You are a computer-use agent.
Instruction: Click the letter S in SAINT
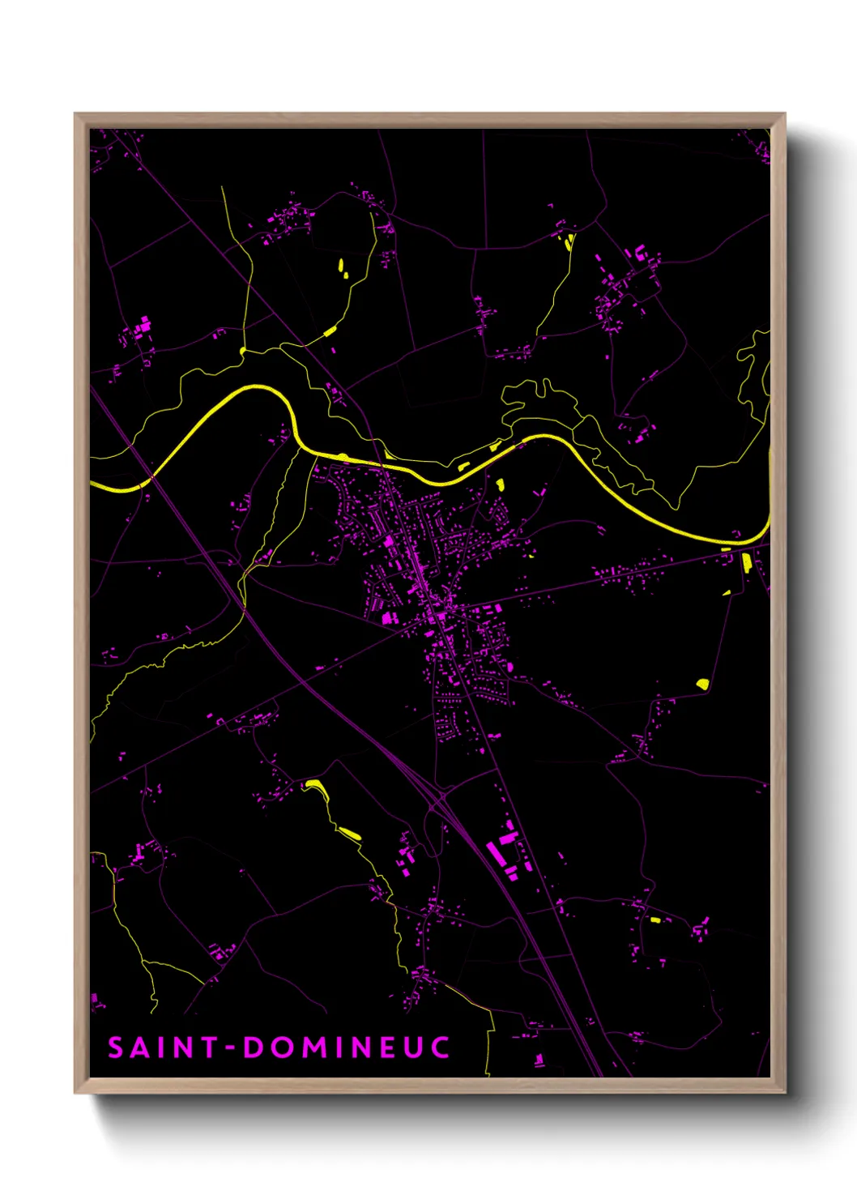coord(116,1048)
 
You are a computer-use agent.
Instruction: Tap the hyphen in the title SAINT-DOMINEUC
coord(230,1048)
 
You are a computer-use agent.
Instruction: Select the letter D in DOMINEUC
coord(254,1048)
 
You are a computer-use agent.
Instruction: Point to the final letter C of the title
coord(440,1048)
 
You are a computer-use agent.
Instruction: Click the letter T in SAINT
coord(208,1048)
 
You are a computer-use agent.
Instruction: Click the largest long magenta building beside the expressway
coord(493,853)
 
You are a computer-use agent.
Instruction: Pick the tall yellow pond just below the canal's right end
coord(746,561)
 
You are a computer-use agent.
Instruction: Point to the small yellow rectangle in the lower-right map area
coord(655,920)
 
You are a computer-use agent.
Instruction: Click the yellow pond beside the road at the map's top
coord(569,241)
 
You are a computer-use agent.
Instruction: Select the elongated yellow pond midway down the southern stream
coord(349,833)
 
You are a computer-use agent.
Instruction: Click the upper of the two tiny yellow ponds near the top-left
coord(341,264)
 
